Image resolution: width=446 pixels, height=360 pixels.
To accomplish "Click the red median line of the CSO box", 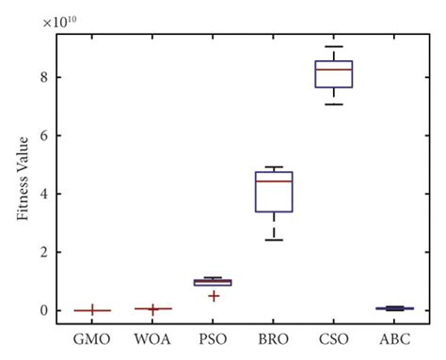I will click(334, 70).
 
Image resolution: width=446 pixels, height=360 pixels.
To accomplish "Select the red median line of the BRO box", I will click(274, 180).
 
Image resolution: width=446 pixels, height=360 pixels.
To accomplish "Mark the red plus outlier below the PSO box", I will click(214, 296).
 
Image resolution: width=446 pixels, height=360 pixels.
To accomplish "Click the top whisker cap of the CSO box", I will click(334, 46).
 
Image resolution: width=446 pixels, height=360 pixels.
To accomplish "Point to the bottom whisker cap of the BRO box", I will click(274, 240).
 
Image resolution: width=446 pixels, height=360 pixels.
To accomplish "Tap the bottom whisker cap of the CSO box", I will click(334, 104).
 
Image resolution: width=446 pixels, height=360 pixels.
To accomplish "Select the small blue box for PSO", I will click(213, 282).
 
